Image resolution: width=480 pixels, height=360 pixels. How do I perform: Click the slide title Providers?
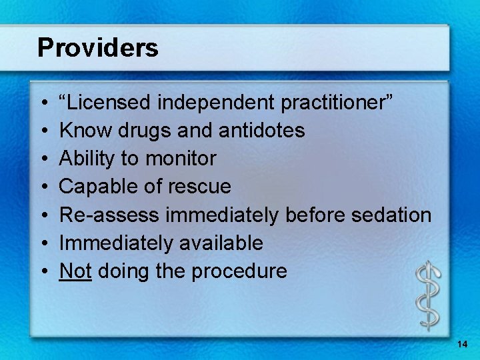(x=98, y=48)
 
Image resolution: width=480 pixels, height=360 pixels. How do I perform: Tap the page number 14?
(x=463, y=344)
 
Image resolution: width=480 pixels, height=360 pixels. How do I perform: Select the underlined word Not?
(x=75, y=271)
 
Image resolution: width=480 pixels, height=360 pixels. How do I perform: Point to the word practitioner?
(x=337, y=103)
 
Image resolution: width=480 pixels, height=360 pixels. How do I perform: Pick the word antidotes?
(x=265, y=131)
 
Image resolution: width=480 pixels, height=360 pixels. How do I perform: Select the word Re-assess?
(x=110, y=215)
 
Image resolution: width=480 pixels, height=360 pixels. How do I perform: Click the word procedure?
(x=241, y=271)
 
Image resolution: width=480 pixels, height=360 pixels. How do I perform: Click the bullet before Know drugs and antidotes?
(x=42, y=131)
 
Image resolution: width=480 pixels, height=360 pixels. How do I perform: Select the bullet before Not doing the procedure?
(x=42, y=271)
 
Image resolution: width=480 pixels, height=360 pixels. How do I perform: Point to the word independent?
(x=215, y=103)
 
